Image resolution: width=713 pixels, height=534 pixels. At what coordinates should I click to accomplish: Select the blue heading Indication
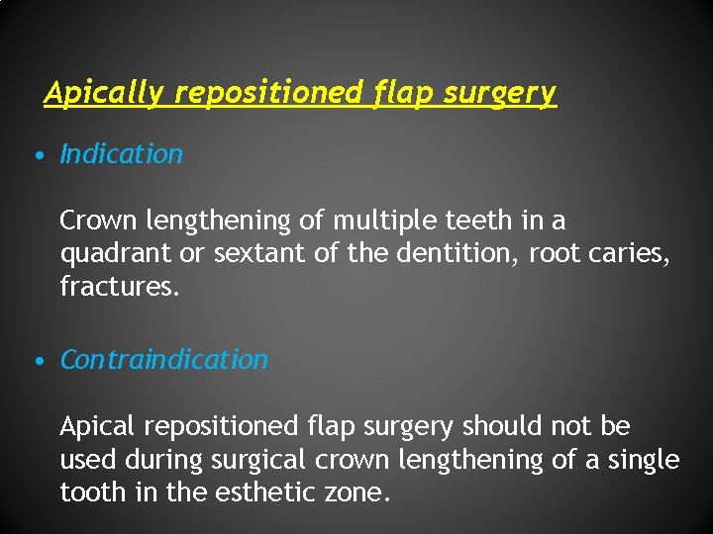pyautogui.click(x=122, y=154)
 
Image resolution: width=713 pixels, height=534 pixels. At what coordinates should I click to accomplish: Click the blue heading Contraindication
pyautogui.click(x=164, y=360)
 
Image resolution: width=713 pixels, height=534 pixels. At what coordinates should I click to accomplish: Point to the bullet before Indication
pyautogui.click(x=37, y=155)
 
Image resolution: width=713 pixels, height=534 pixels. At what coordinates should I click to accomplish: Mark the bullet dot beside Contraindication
pyautogui.click(x=37, y=361)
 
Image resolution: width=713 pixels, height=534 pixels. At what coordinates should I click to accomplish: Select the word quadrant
pyautogui.click(x=116, y=255)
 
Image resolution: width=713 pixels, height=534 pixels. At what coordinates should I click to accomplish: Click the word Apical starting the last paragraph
pyautogui.click(x=98, y=427)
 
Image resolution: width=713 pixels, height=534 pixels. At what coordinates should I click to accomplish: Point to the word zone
pyautogui.click(x=355, y=493)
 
